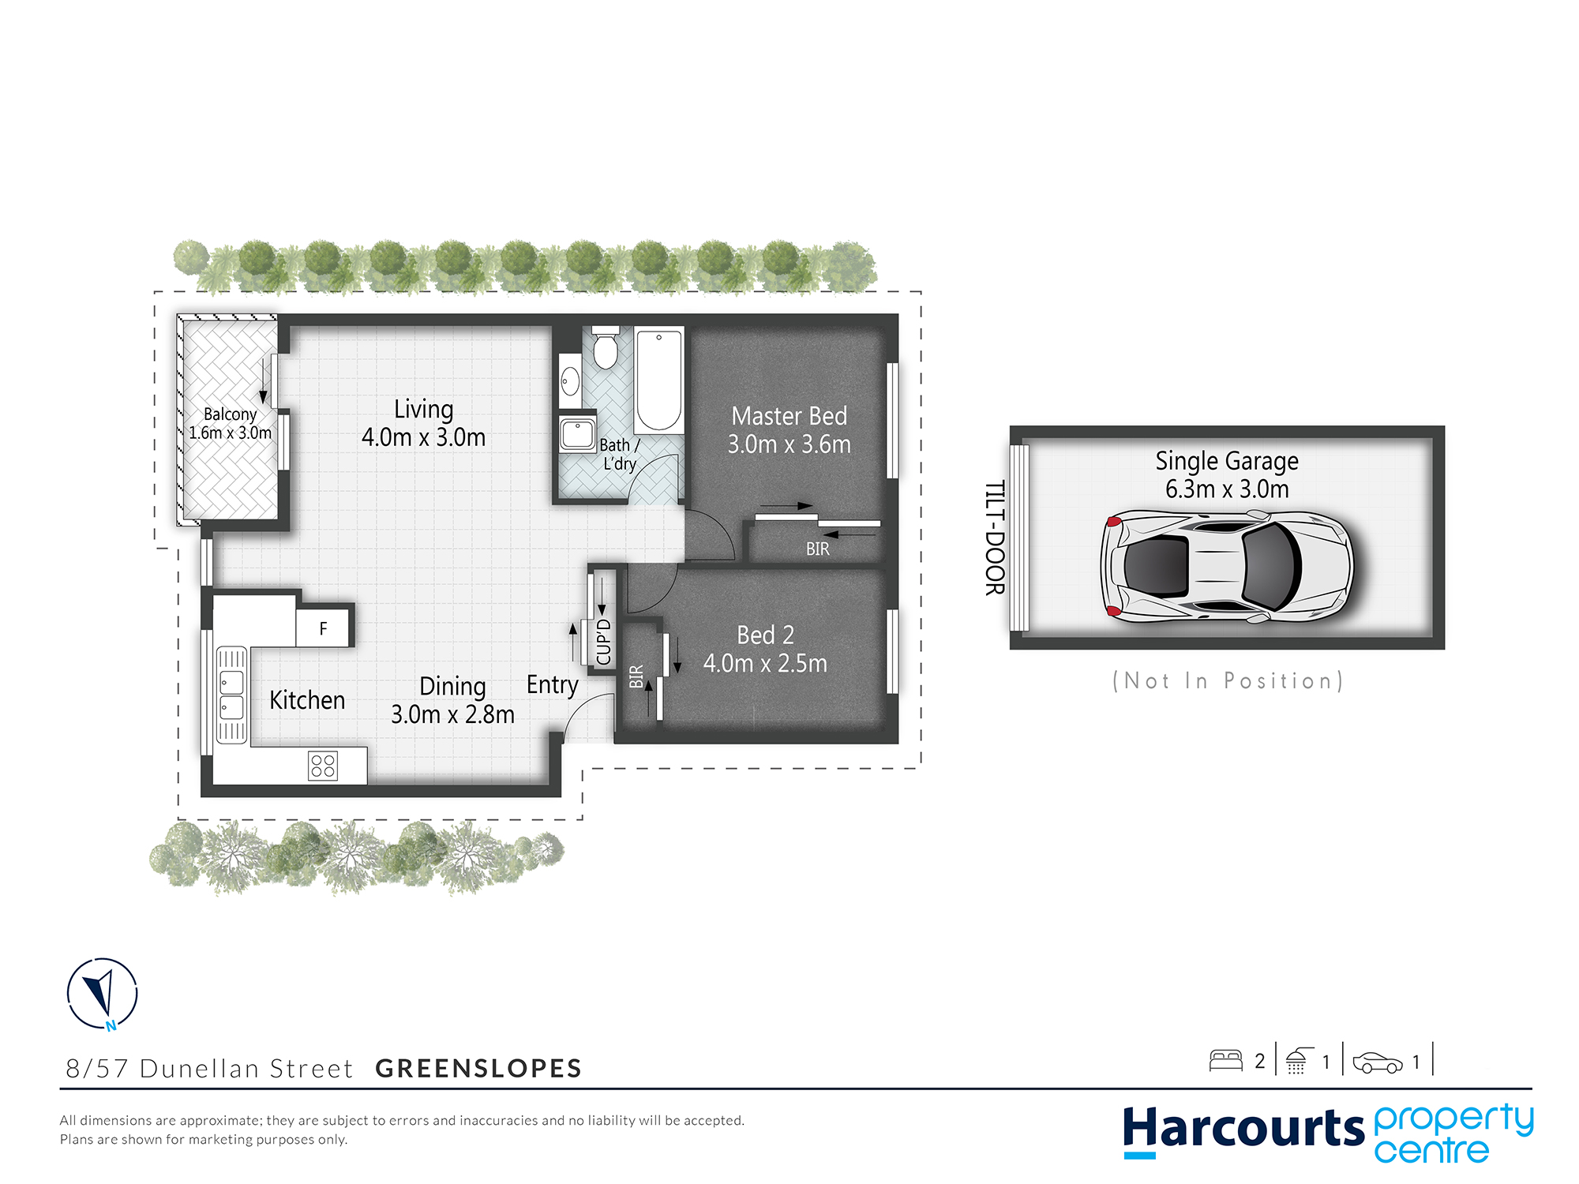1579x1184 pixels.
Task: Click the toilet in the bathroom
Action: [606, 347]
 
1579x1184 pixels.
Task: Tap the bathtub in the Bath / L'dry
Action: [659, 380]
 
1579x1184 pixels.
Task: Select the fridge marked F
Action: [324, 628]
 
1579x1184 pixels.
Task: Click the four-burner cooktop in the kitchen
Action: [323, 766]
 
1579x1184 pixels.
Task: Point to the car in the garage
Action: [1227, 566]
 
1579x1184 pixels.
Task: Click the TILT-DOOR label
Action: [995, 538]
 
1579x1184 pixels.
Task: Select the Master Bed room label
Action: [789, 416]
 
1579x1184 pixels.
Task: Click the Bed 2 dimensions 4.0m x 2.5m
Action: [765, 664]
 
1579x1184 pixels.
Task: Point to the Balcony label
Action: [230, 414]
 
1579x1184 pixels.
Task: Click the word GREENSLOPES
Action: [478, 1068]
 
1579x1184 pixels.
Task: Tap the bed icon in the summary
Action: [1226, 1060]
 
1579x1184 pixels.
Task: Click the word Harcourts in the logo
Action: [1243, 1129]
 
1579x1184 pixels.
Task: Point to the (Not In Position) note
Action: [1228, 680]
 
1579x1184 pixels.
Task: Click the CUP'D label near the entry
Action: [604, 642]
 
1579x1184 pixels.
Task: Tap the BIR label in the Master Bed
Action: [818, 549]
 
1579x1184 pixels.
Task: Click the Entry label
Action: [553, 684]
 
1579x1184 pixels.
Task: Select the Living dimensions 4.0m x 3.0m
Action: [423, 437]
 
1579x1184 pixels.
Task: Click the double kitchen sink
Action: [231, 695]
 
